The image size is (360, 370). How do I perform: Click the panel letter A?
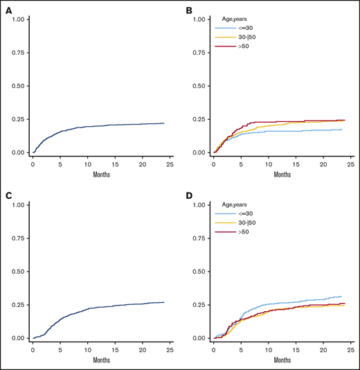pyautogui.click(x=9, y=9)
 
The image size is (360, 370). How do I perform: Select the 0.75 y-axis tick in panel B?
pyautogui.click(x=201, y=53)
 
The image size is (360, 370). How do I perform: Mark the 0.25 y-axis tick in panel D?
pyautogui.click(x=201, y=305)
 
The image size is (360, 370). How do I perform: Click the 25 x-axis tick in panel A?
pyautogui.click(x=169, y=164)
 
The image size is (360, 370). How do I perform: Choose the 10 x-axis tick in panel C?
pyautogui.click(x=87, y=350)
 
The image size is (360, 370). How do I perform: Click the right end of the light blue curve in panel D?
pyautogui.click(x=341, y=297)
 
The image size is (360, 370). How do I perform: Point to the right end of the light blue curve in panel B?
pyautogui.click(x=341, y=130)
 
